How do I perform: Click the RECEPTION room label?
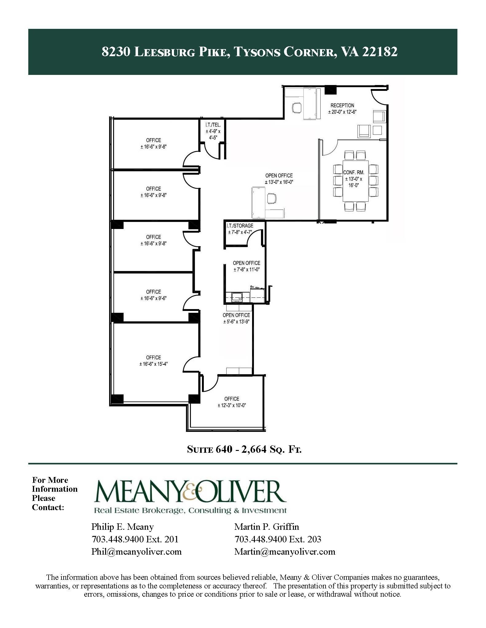[x=342, y=105]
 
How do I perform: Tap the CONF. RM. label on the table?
[x=354, y=173]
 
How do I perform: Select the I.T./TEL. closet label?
[x=213, y=125]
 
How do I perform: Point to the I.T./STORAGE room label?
[x=240, y=226]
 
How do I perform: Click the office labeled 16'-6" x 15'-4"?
[x=153, y=361]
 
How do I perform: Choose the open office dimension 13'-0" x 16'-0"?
[x=279, y=182]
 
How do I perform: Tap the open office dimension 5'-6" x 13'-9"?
[x=236, y=322]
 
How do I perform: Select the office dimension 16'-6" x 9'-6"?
[x=153, y=298]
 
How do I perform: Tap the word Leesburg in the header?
[x=165, y=52]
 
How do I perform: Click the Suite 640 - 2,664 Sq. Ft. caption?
[x=244, y=450]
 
